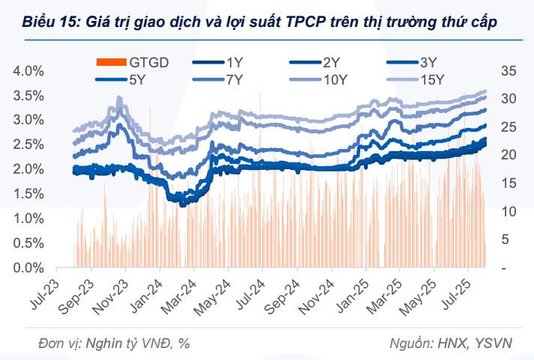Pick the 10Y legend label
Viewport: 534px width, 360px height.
click(x=335, y=79)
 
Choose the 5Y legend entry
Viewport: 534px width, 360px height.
click(x=137, y=79)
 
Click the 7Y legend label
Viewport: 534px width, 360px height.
click(x=234, y=79)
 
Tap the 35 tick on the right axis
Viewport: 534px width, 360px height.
click(x=509, y=71)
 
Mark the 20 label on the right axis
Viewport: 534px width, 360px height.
click(x=509, y=155)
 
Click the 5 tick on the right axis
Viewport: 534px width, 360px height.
click(x=506, y=240)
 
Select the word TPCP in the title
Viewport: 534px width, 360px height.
click(x=307, y=22)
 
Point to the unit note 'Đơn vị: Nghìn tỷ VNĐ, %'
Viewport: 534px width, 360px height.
click(x=115, y=343)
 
